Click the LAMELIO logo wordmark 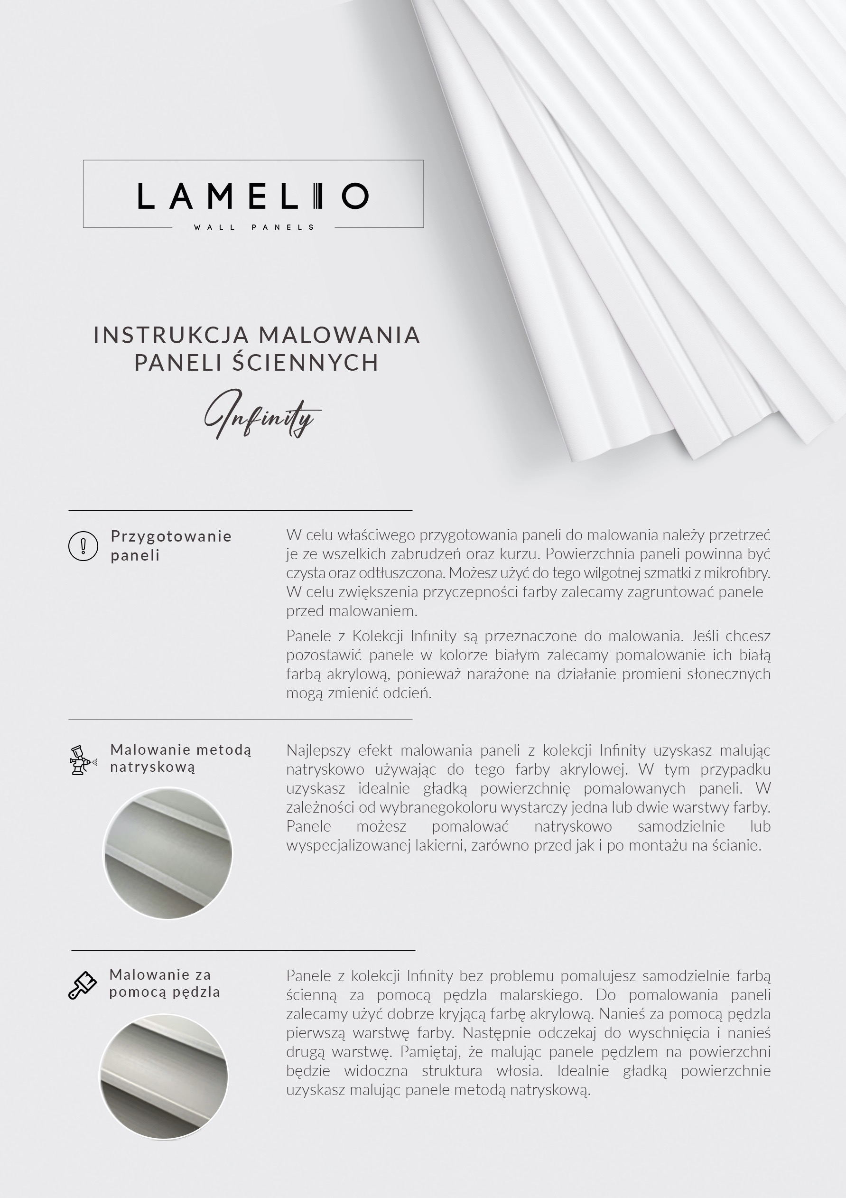click(x=253, y=196)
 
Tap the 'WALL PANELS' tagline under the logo click(x=253, y=227)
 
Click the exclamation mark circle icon click(x=84, y=546)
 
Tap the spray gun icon click(x=83, y=760)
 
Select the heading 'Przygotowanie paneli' click(x=170, y=545)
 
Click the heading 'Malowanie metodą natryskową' click(x=180, y=758)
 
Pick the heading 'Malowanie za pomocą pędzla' click(x=164, y=983)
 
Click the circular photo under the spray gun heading click(x=167, y=853)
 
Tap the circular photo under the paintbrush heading click(x=164, y=1077)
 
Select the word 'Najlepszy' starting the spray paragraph click(x=317, y=750)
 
